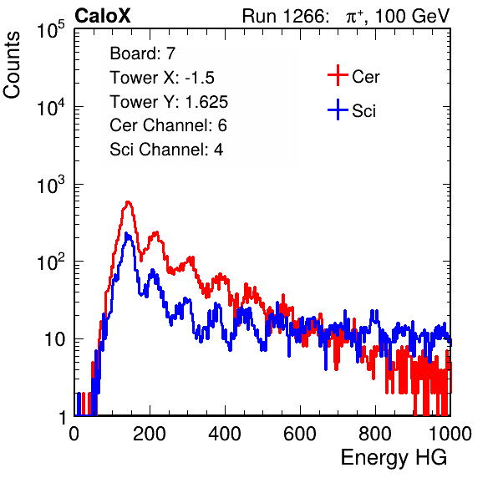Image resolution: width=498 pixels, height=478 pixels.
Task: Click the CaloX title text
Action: (103, 16)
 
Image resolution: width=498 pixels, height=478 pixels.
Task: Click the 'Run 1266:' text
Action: (286, 16)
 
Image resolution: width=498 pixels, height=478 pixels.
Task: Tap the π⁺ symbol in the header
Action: (354, 17)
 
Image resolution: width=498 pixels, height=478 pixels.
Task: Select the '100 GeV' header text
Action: (413, 16)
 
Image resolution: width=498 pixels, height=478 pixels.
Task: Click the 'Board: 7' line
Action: (143, 53)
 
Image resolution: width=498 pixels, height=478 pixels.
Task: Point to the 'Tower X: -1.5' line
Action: (162, 77)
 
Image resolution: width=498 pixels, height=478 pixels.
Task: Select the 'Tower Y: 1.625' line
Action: (169, 102)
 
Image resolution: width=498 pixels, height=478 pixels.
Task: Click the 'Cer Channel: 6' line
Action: (168, 125)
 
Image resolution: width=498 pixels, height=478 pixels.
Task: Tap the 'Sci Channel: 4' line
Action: (166, 150)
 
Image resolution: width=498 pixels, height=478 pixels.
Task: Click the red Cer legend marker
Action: (338, 75)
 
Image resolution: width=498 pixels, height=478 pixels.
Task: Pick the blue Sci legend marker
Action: (338, 109)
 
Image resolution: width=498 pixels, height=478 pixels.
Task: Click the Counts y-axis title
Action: (12, 64)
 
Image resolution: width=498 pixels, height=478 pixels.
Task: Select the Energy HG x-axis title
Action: (394, 458)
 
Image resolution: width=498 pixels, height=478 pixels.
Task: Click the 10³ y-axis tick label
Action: (51, 185)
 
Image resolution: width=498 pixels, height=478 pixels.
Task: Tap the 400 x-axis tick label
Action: (225, 433)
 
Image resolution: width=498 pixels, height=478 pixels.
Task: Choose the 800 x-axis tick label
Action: (375, 433)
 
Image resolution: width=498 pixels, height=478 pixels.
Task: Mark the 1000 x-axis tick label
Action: (450, 433)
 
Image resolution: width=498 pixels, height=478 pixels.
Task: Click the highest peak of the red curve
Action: (128, 202)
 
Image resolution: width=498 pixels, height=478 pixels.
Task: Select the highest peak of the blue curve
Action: (126, 234)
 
